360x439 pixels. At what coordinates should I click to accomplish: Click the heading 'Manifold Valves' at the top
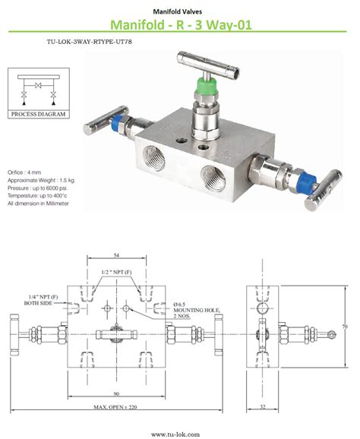coord(179,11)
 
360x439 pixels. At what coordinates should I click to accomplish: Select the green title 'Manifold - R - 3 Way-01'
coord(179,26)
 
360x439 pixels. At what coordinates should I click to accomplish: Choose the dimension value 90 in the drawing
coord(116,393)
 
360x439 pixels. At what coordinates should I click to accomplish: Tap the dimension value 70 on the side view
coord(343,327)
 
